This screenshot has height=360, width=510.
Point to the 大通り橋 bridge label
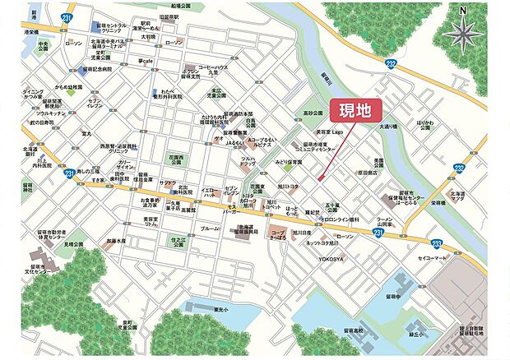click(x=388, y=127)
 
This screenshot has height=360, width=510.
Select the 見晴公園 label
click(x=75, y=244)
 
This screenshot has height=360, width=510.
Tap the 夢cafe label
click(x=147, y=60)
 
